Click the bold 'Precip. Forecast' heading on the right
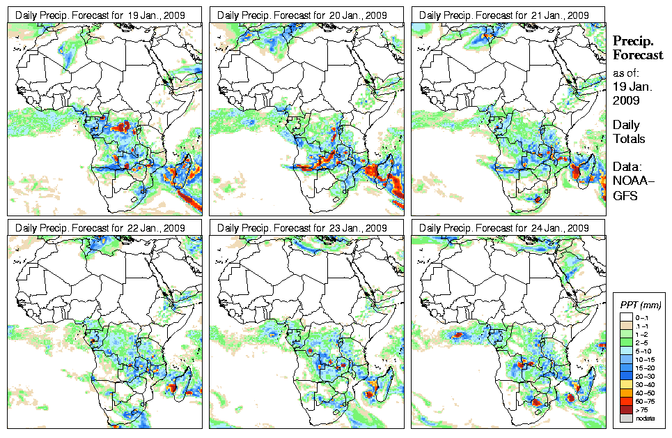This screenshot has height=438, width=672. point(637,48)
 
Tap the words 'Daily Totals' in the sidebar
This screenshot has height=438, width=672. point(629,132)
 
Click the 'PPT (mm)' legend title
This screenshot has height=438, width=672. point(640,305)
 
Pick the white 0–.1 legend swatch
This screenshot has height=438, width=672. point(626,317)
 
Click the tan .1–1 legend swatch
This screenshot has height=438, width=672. point(626,326)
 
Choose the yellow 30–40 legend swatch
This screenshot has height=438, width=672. point(626,384)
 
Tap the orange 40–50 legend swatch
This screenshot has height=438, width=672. point(626,393)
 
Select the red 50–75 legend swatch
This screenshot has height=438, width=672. point(626,401)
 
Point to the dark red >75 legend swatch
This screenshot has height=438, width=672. point(626,409)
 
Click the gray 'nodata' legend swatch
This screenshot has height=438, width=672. point(626,418)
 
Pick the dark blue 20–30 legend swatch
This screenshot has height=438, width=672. point(626,376)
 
